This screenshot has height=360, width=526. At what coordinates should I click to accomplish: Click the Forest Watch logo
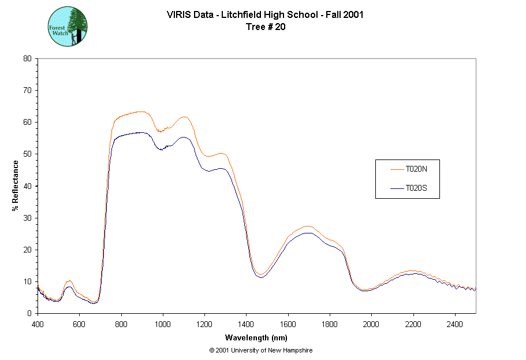coord(68,27)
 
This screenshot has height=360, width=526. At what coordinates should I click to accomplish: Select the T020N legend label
coord(416,169)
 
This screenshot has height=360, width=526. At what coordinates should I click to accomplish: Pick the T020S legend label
coord(416,188)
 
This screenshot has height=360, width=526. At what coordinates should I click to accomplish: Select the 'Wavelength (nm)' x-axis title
coord(256,338)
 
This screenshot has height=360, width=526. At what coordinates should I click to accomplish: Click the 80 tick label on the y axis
coord(27,58)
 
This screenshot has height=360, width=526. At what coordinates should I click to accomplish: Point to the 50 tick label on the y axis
coord(27,154)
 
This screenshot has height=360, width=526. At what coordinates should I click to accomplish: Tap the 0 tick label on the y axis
coord(29,313)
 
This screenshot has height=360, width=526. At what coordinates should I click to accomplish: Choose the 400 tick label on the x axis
coord(38,322)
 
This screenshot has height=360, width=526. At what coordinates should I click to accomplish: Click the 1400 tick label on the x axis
coord(246,322)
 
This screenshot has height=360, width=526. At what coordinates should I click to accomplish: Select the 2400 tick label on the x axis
coord(455,322)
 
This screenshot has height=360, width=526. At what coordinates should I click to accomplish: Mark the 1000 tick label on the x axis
coord(163,322)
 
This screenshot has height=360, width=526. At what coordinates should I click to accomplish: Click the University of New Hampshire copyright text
coord(261,350)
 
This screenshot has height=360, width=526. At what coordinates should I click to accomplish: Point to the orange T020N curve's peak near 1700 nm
coord(308,226)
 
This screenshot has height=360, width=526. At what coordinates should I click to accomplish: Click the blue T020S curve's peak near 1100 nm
coord(183,137)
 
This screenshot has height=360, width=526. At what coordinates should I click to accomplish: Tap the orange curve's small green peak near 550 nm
coord(69,280)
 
